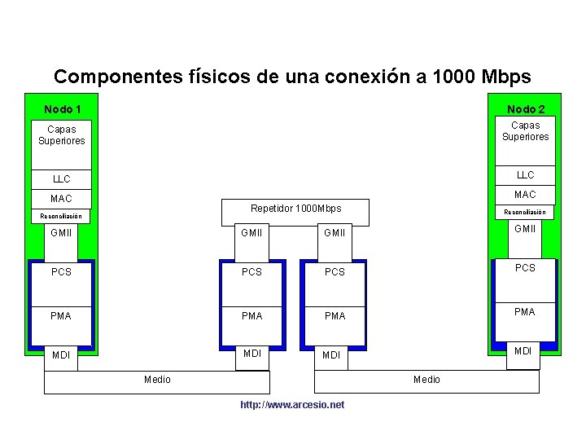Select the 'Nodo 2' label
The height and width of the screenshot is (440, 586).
[526, 109]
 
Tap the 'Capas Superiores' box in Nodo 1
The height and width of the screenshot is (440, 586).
[61, 135]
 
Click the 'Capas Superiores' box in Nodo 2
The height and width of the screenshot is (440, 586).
[526, 131]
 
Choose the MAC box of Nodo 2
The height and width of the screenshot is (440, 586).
[526, 195]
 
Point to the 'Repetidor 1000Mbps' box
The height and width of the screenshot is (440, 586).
[296, 209]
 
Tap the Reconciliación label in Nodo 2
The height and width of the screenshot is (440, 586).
[526, 212]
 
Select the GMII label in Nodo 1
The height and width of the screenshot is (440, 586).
[61, 233]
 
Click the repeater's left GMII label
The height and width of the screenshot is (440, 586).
[252, 233]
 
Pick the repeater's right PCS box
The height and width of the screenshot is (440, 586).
[335, 272]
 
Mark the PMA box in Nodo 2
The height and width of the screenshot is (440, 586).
[526, 312]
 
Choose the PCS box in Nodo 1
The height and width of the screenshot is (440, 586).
[61, 272]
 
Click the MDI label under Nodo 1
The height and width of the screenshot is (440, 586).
[61, 355]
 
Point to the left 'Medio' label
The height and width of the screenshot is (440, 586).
[157, 380]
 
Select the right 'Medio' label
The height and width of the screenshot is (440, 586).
[426, 380]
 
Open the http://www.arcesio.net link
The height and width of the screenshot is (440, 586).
[292, 405]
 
